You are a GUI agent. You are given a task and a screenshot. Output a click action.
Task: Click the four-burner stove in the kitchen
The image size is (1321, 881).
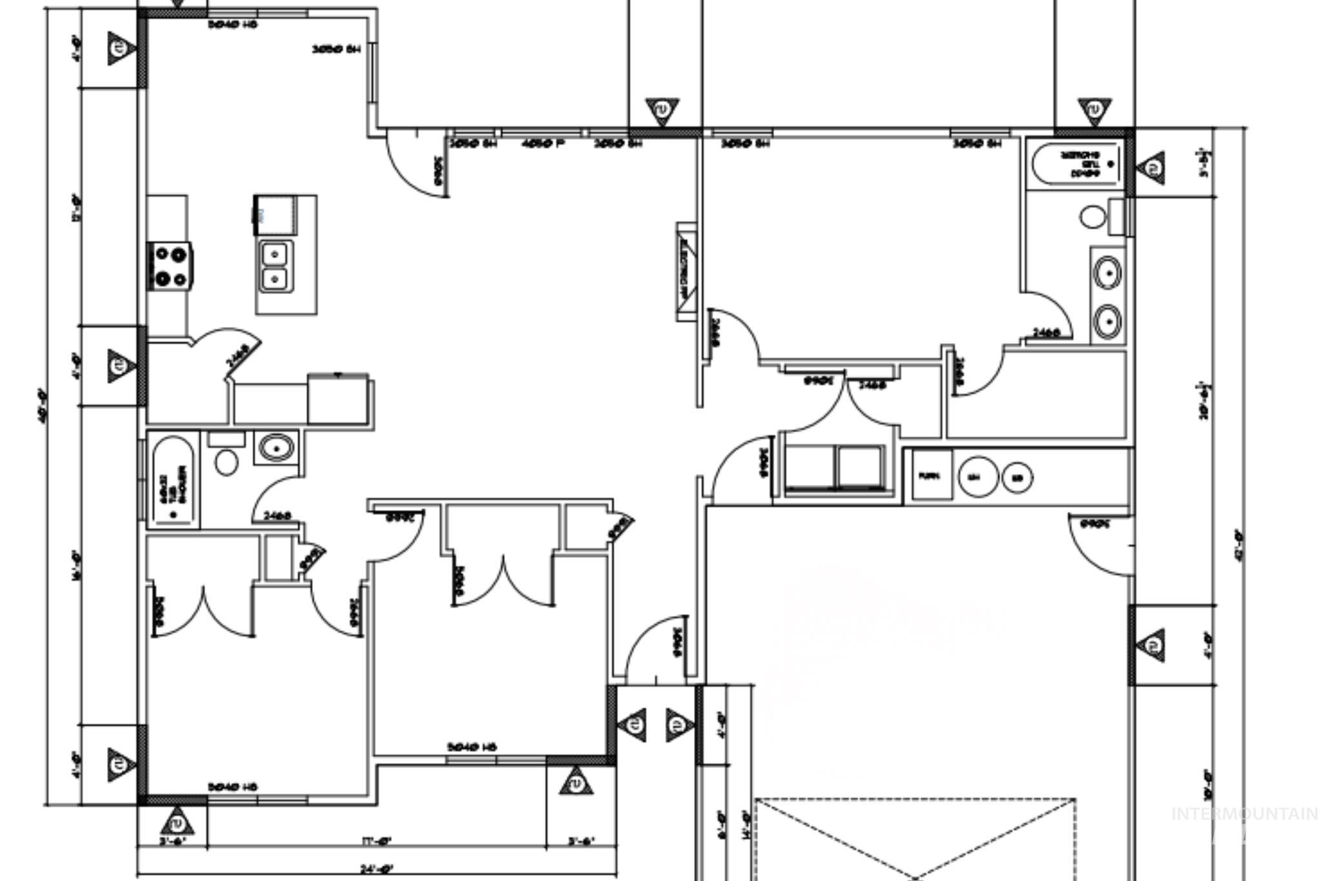(x=170, y=265)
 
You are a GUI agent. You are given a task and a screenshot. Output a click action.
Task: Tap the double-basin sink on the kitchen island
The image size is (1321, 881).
(x=276, y=266)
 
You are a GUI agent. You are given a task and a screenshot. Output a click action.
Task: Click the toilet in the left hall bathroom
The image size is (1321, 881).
(x=226, y=461)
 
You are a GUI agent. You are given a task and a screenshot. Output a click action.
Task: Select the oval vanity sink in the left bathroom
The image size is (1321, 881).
(x=276, y=447)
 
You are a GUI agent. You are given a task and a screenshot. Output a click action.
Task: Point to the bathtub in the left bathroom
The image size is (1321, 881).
(x=172, y=480)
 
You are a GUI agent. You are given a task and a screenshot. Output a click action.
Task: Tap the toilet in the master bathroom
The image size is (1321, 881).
(x=1093, y=217)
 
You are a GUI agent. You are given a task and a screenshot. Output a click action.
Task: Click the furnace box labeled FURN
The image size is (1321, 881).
(x=929, y=476)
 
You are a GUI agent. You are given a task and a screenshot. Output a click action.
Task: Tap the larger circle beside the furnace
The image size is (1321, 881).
(x=978, y=477)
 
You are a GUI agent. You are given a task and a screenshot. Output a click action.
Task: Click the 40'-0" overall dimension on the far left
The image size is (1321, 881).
(x=42, y=405)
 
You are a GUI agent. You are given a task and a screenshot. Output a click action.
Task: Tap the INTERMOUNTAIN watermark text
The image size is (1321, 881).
(x=1244, y=814)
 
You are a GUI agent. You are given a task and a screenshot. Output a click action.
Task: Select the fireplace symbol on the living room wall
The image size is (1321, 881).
(x=686, y=272)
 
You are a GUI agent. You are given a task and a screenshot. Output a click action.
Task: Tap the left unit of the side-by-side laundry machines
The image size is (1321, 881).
(x=809, y=466)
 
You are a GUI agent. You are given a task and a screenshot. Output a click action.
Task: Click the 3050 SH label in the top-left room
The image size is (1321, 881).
(x=335, y=49)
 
